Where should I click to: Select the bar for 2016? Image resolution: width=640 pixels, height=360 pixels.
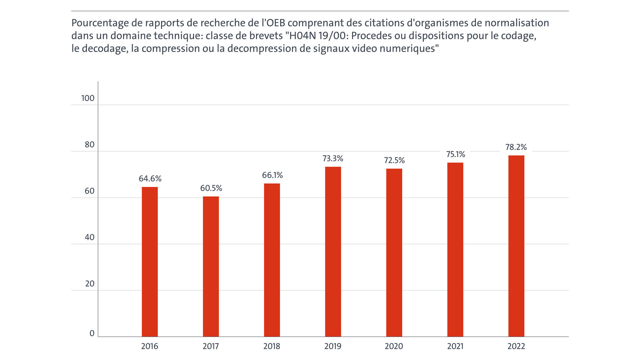point(150,262)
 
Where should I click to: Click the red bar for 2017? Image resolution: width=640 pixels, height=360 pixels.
point(211,267)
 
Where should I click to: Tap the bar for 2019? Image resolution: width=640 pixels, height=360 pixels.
point(333,252)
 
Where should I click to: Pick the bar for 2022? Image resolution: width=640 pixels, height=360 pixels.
point(516,246)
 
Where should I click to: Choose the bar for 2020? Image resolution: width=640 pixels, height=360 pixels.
point(394,253)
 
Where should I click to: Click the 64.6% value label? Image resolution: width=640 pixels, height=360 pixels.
point(150,179)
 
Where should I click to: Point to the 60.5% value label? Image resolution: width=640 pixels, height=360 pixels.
point(211,188)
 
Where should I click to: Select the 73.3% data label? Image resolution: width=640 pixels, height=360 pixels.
point(333,159)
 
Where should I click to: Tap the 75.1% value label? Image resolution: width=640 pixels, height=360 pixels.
point(455,154)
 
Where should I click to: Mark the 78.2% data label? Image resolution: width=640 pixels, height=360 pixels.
point(516,147)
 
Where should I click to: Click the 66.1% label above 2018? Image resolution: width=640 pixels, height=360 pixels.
point(272,175)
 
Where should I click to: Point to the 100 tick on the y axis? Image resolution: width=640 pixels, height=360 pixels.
point(88,98)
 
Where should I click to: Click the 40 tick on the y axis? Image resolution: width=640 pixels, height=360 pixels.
point(89,237)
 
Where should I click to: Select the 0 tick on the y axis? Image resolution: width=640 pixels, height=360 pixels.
point(92,333)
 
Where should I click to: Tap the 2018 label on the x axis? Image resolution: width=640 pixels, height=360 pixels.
point(272,346)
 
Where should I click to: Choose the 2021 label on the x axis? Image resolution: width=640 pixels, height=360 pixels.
point(455,346)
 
